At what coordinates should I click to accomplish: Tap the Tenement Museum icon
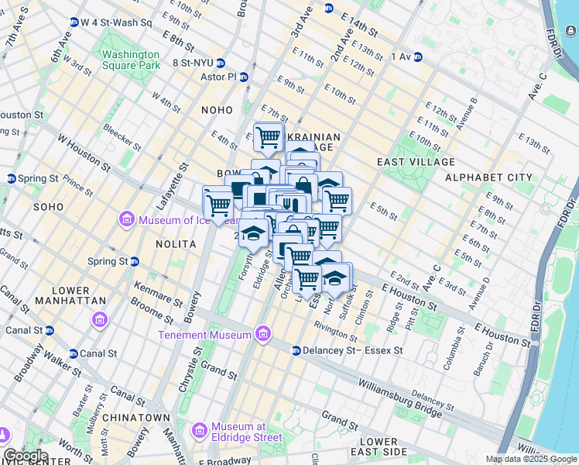[x=263, y=335]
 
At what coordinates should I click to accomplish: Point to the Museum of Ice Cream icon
[x=127, y=221]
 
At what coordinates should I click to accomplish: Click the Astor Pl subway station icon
[x=244, y=77]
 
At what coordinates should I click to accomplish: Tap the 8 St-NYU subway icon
[x=221, y=63]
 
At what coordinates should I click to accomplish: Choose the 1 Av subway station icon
[x=417, y=57]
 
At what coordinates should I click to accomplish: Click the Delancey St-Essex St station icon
[x=296, y=351]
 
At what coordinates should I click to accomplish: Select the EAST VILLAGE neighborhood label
[x=416, y=162]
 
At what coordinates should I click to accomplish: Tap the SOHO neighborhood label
[x=48, y=208]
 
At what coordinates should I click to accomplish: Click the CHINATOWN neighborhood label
[x=139, y=418]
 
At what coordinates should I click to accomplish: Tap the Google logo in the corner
[x=25, y=456]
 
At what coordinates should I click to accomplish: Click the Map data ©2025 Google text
[x=531, y=459]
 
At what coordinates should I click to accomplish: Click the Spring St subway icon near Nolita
[x=134, y=262]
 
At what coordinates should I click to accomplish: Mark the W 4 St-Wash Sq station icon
[x=73, y=22]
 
